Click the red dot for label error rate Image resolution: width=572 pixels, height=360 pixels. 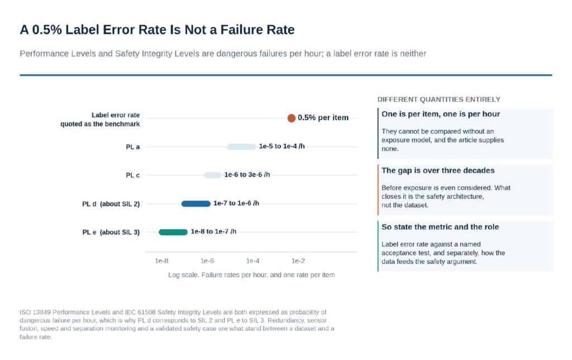(x=291, y=118)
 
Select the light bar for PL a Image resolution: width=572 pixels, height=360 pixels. (x=241, y=147)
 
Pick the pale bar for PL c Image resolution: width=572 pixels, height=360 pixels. (x=213, y=176)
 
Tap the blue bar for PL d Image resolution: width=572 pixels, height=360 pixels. (x=196, y=203)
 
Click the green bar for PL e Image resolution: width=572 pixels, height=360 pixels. (x=173, y=232)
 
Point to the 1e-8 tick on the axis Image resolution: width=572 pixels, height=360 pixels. (x=161, y=260)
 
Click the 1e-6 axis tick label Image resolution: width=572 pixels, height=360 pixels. (x=207, y=260)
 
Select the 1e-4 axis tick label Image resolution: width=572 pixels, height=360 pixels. (x=253, y=260)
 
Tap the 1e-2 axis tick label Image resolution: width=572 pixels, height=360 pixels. (x=298, y=260)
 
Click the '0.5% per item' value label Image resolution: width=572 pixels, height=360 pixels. (x=323, y=117)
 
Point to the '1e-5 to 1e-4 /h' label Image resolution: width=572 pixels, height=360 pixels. (x=282, y=146)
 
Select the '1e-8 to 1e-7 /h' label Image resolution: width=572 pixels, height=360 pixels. (x=213, y=231)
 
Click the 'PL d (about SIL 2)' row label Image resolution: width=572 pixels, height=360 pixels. (x=111, y=203)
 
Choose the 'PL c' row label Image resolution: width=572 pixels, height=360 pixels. (x=133, y=176)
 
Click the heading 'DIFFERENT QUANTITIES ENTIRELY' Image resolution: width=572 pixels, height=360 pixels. (x=439, y=100)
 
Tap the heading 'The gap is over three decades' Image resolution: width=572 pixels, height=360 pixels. (x=438, y=170)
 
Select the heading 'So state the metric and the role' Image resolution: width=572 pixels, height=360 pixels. (x=440, y=227)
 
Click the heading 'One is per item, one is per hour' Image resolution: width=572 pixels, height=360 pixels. (x=441, y=114)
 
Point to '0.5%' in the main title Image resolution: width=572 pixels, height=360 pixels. (x=47, y=30)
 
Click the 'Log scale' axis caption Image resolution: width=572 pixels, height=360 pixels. (x=251, y=275)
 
